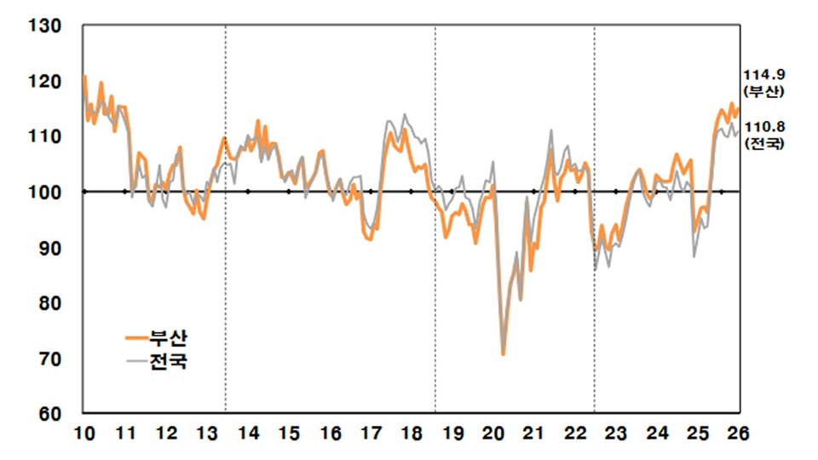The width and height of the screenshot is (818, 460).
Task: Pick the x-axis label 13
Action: tap(207, 434)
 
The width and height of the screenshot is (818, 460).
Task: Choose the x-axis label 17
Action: tap(371, 434)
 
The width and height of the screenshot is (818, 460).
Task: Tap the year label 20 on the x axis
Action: tap(494, 434)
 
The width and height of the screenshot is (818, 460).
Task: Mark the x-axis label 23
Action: tap(616, 434)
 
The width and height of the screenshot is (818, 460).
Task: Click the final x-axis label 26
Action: tap(738, 434)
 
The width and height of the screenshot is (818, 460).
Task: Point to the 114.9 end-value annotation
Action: tap(763, 75)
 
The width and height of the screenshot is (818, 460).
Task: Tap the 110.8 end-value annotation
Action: tap(763, 128)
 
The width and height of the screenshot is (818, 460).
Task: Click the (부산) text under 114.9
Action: tap(763, 90)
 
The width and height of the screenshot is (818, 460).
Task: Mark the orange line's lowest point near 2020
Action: tap(504, 354)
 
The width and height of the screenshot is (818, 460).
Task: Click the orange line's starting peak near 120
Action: tap(84, 77)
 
